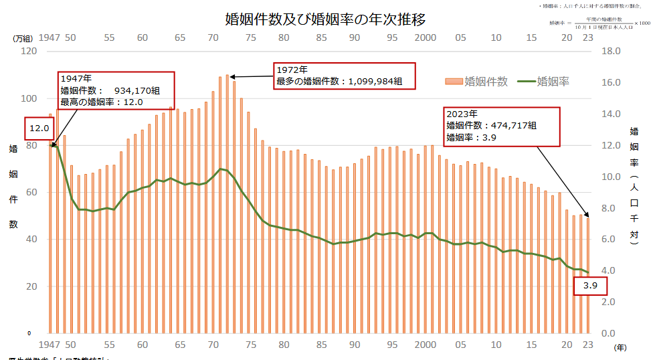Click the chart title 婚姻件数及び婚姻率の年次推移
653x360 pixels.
tap(326, 18)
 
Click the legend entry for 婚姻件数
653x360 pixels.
tap(476, 82)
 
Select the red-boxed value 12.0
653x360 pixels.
tap(39, 128)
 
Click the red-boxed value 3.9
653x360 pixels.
tap(590, 286)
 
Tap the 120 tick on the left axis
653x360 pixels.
tap(28, 52)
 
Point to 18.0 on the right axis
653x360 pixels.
tap(612, 52)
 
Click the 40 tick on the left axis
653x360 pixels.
tap(31, 240)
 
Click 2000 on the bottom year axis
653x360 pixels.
tap(426, 345)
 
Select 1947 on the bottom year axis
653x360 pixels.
tap(50, 345)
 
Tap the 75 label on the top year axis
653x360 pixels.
tap(251, 37)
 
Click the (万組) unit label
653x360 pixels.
tap(24, 38)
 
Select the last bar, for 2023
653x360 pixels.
tap(588, 274)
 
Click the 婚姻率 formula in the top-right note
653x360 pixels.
tap(599, 23)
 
